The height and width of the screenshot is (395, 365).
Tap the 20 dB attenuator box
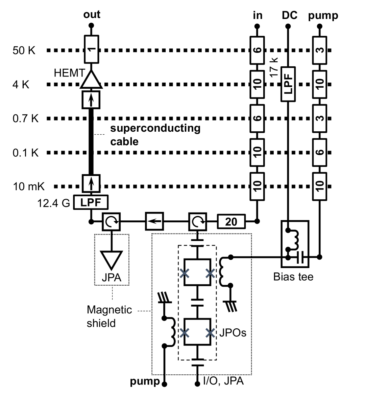click(231, 222)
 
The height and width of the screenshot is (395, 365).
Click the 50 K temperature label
click(24, 51)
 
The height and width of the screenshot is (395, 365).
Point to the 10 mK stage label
click(29, 186)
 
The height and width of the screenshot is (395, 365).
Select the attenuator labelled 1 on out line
click(91, 49)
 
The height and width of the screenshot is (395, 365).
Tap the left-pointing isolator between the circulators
click(154, 222)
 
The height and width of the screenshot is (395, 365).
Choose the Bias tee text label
click(293, 277)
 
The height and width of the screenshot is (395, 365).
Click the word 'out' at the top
click(92, 15)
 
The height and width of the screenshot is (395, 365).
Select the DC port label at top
click(289, 15)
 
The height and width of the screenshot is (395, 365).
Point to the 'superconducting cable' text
click(155, 135)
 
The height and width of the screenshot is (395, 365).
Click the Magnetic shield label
click(109, 316)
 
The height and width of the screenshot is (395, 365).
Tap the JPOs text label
click(233, 333)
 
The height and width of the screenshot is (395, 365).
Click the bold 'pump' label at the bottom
click(145, 382)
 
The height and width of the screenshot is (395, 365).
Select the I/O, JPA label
click(223, 381)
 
